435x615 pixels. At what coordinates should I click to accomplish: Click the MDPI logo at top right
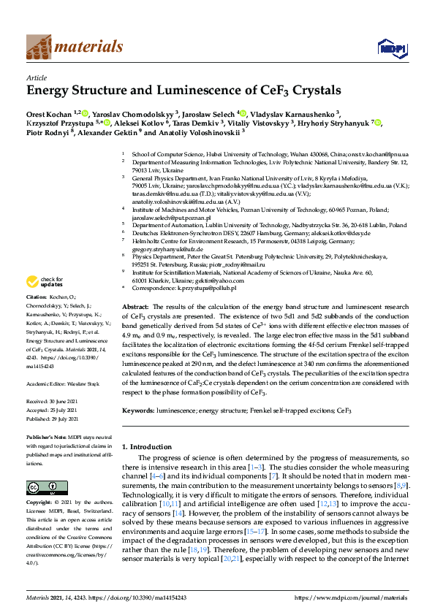(388, 49)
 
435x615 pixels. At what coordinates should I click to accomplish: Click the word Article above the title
(37, 77)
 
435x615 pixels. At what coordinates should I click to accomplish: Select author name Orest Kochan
(50, 113)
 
